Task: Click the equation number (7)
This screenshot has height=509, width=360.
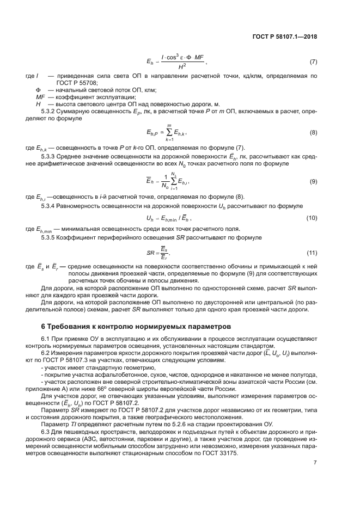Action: [313, 62]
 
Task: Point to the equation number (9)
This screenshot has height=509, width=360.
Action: [313, 181]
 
